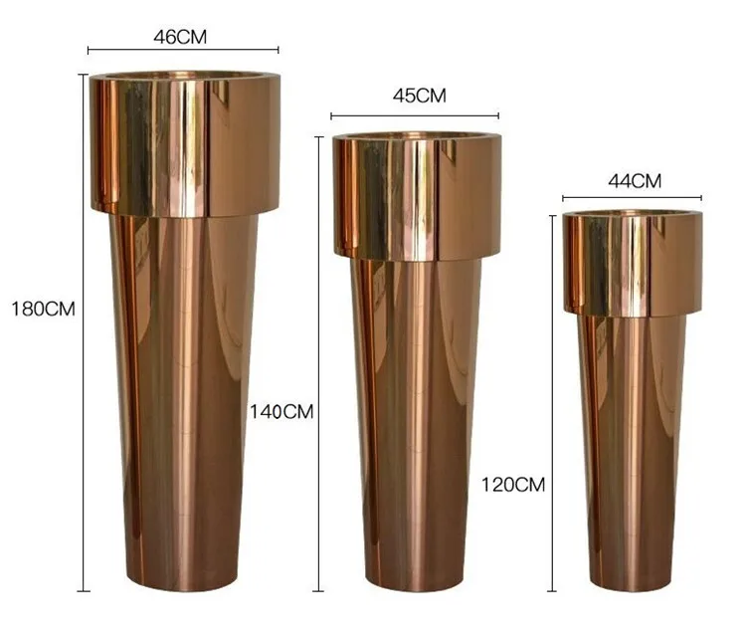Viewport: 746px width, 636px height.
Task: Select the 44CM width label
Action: [x=634, y=181]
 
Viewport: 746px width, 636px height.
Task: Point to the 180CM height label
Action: [x=43, y=309]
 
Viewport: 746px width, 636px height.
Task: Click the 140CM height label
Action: [x=281, y=411]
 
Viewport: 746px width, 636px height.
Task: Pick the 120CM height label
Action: [x=513, y=485]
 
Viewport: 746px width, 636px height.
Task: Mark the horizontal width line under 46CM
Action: [x=183, y=50]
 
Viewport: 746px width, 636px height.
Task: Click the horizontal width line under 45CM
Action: [x=415, y=115]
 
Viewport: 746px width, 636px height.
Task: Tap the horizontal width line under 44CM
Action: [x=632, y=198]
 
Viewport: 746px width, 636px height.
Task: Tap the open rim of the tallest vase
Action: [x=184, y=75]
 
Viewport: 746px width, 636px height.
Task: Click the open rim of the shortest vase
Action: [x=633, y=213]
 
